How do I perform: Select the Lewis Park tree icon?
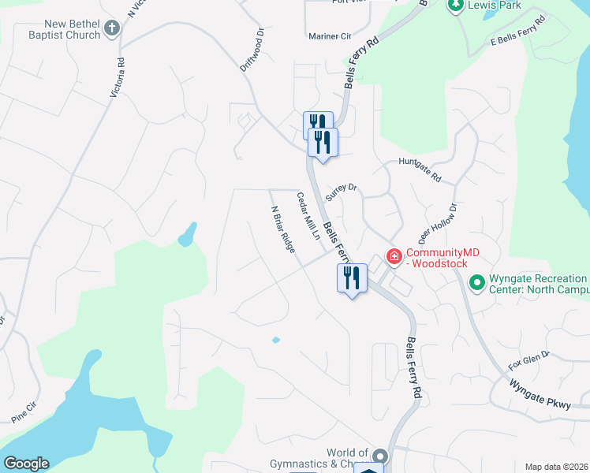455,6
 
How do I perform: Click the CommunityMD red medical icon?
393,256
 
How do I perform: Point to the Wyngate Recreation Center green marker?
476,281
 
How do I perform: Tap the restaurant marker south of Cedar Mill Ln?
352,278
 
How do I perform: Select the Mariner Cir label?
330,36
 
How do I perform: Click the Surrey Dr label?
342,192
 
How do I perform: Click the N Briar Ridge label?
282,229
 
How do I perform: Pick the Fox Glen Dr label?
528,361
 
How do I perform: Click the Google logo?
26,463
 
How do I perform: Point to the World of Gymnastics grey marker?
380,456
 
